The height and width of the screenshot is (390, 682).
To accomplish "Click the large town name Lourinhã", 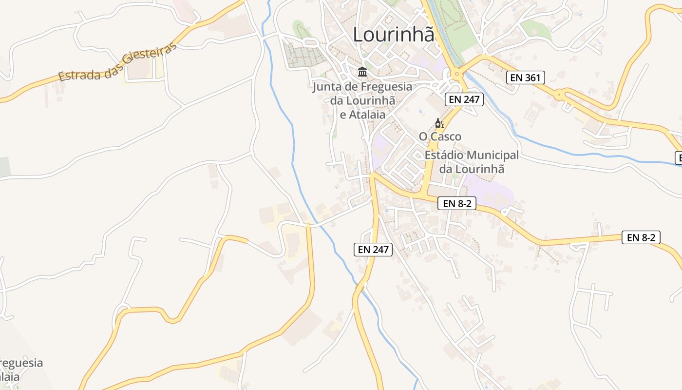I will [x=393, y=35].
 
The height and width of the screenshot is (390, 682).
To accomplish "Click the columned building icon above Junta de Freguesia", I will [x=362, y=72].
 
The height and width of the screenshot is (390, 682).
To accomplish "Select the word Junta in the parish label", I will [x=326, y=87].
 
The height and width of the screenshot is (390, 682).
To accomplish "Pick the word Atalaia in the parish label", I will [x=367, y=115].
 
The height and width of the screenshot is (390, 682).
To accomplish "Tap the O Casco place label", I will [x=440, y=136].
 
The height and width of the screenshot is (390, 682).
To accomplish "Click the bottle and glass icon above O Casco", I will [x=439, y=123].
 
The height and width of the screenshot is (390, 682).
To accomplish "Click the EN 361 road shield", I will [x=525, y=77].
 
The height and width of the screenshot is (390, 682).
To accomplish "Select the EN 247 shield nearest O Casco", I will [x=464, y=99].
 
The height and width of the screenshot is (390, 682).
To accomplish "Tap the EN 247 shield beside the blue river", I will [x=373, y=250].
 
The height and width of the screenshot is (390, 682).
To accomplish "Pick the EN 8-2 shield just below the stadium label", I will [x=456, y=203].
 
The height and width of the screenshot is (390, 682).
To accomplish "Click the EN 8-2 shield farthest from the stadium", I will [x=641, y=237].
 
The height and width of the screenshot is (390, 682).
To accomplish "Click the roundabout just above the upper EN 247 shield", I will [x=457, y=74].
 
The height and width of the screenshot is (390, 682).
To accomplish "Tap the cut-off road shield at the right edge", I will [x=678, y=158].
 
